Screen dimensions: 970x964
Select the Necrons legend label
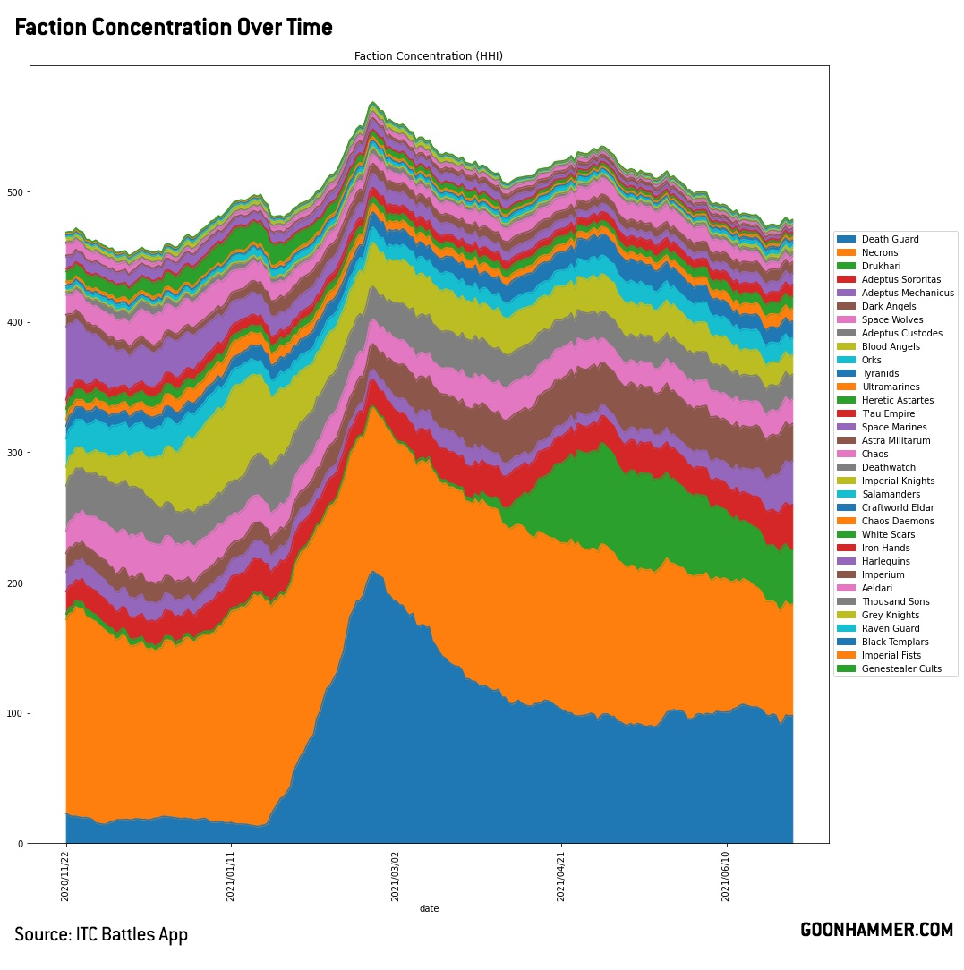880,253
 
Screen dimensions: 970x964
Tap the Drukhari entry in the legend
880,267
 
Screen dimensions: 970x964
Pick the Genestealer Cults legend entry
901,669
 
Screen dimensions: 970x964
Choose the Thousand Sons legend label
896,602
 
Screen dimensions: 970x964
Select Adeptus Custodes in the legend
901,334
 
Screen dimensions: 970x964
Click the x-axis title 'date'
429,909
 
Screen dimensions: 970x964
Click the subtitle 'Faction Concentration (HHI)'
429,56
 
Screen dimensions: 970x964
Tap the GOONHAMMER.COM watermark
876,931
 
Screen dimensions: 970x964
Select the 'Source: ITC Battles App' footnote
101,935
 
